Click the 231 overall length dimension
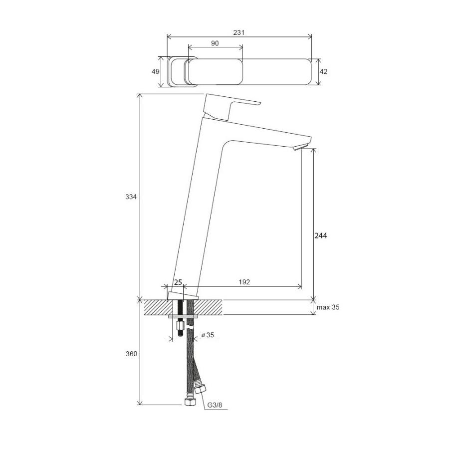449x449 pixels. [x=239, y=32]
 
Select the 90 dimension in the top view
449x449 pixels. [x=215, y=43]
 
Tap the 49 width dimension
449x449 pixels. [x=156, y=71]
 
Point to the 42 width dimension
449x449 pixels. [x=323, y=71]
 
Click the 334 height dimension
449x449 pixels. [x=131, y=197]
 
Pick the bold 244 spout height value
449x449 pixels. [x=321, y=235]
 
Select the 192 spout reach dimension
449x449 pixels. [x=244, y=282]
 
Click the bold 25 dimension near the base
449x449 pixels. [x=178, y=282]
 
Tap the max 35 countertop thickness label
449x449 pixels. [x=328, y=307]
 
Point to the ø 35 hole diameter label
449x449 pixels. [x=208, y=335]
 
